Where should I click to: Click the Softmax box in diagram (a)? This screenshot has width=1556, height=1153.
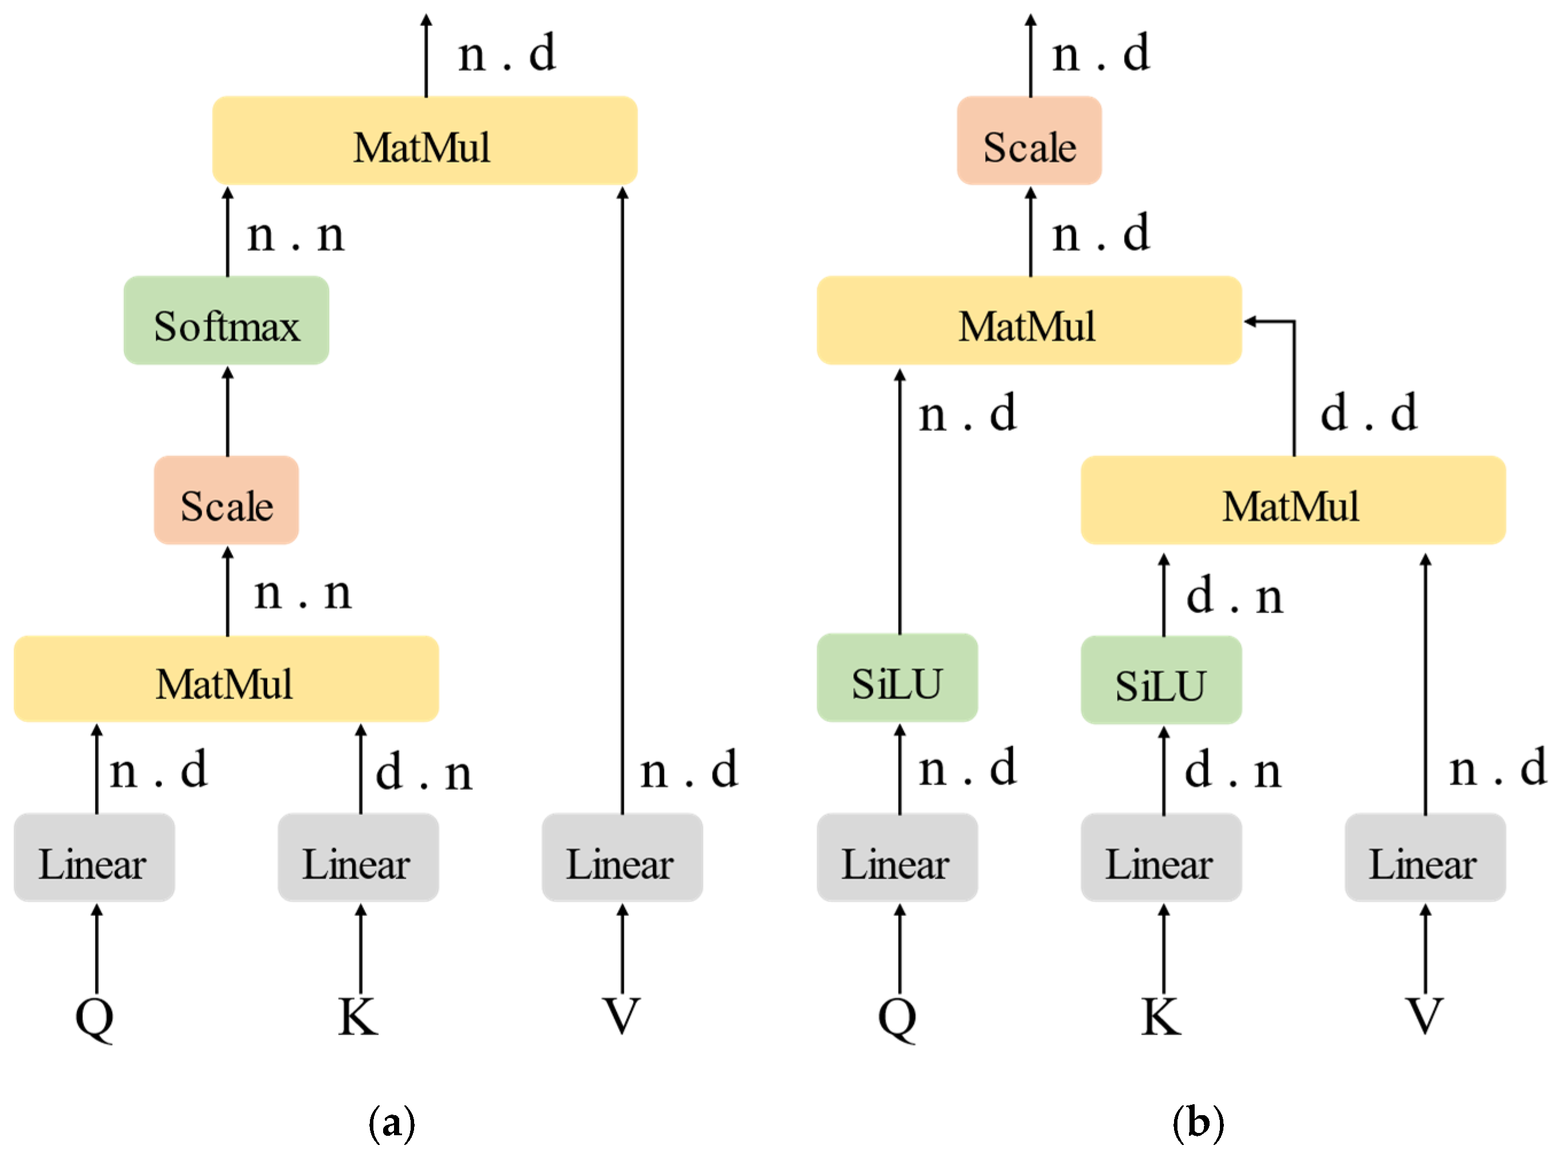click(x=226, y=321)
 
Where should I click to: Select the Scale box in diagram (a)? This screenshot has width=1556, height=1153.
click(x=226, y=500)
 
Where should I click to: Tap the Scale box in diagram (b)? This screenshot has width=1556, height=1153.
click(x=1029, y=140)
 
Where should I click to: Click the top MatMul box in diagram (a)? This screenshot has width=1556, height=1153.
click(x=424, y=140)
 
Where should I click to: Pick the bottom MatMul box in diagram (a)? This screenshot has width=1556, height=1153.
click(x=226, y=679)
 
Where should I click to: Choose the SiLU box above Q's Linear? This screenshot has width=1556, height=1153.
click(x=897, y=678)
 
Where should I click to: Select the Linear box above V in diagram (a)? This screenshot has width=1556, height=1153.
click(x=622, y=858)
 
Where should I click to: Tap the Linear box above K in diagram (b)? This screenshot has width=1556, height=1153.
click(x=1161, y=858)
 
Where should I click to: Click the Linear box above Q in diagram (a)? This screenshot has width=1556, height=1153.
click(x=94, y=858)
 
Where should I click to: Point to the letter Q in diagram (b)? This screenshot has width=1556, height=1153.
click(x=897, y=1018)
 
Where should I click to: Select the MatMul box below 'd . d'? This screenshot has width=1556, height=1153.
click(x=1293, y=500)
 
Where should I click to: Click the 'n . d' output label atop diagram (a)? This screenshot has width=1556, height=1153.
click(x=507, y=53)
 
